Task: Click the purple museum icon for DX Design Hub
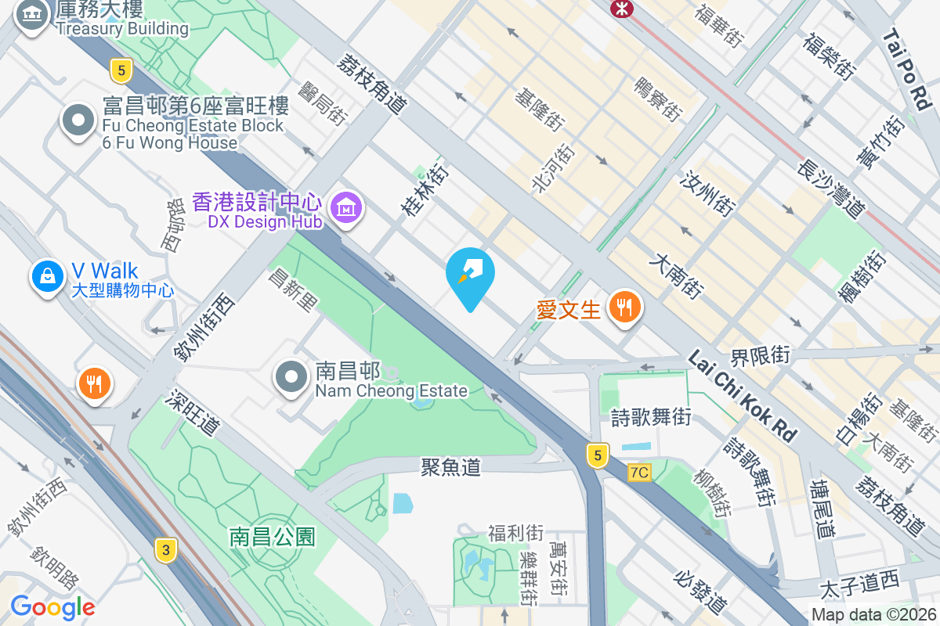(x=346, y=208)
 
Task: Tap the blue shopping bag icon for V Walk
(x=48, y=277)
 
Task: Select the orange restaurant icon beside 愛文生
(x=625, y=308)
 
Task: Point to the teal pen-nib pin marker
(x=470, y=275)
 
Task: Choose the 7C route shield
(x=639, y=473)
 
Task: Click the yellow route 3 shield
(x=164, y=549)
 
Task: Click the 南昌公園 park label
(x=272, y=537)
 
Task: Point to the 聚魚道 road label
(x=450, y=467)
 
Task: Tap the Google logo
(x=52, y=607)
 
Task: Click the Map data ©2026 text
(x=873, y=615)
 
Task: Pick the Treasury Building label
(x=121, y=29)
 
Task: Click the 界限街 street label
(x=760, y=355)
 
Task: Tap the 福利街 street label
(x=515, y=534)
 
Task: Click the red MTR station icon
(x=622, y=7)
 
